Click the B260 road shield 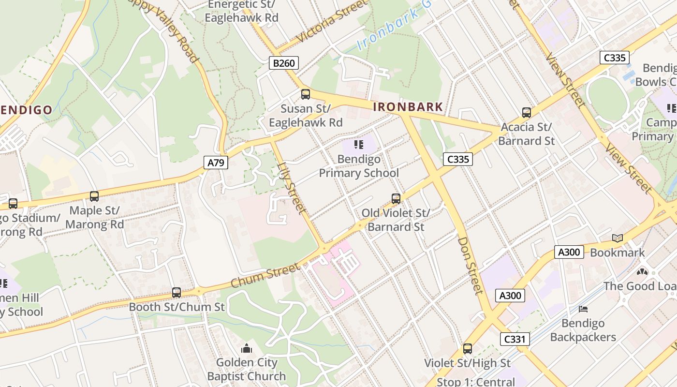284,62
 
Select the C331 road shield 515,339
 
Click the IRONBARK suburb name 408,107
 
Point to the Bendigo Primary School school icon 358,145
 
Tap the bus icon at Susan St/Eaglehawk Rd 305,94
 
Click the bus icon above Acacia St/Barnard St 526,113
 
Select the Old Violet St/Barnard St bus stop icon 396,199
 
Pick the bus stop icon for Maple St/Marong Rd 94,196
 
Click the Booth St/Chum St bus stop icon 177,293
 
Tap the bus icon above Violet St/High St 467,349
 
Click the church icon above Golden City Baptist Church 247,348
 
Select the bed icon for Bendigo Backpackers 583,309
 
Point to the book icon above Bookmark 617,238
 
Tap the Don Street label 470,265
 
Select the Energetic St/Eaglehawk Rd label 241,11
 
